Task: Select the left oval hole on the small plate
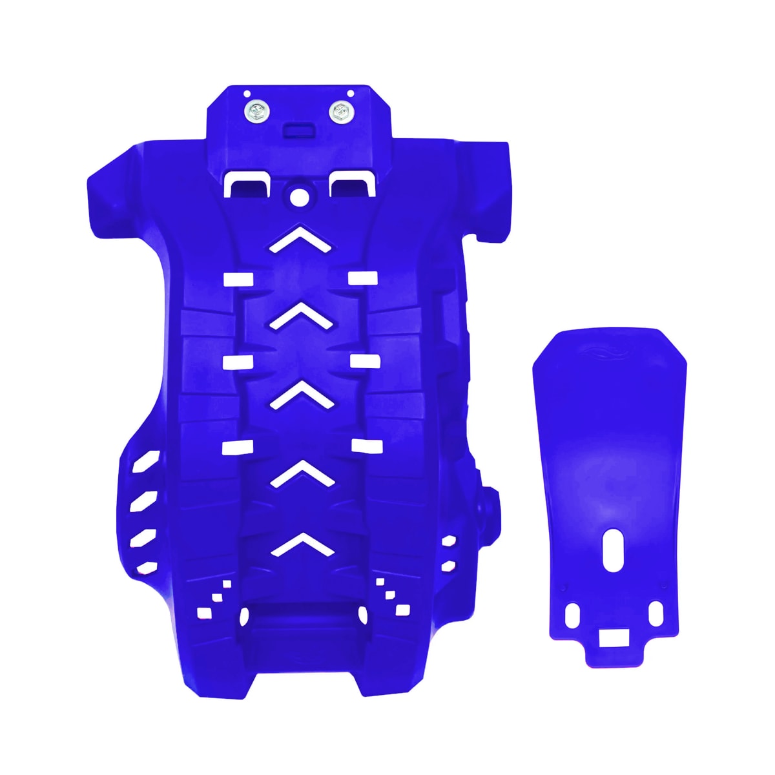(x=572, y=615)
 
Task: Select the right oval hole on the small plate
(x=655, y=612)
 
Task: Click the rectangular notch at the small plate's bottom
(x=613, y=638)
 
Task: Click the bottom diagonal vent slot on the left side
(x=147, y=568)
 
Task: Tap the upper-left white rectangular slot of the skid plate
(x=238, y=278)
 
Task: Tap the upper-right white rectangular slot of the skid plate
(x=362, y=278)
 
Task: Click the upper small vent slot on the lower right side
(x=448, y=541)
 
